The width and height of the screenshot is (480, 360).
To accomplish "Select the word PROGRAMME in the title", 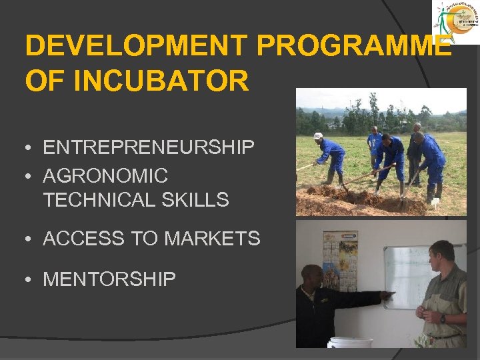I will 353,46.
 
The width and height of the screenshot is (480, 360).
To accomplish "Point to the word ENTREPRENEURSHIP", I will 149,147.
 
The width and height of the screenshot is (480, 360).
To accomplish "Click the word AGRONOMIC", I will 105,176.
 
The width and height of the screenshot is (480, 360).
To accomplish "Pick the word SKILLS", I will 198,199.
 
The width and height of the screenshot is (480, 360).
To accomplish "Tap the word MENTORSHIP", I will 109,279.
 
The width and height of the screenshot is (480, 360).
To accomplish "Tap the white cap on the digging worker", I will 318,136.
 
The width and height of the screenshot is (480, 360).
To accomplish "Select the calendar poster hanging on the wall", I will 340,260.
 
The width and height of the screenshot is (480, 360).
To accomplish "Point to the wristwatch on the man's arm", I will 443,319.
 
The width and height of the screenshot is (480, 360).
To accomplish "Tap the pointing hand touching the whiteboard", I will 387,294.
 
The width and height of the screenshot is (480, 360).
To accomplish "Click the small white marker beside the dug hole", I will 435,203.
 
